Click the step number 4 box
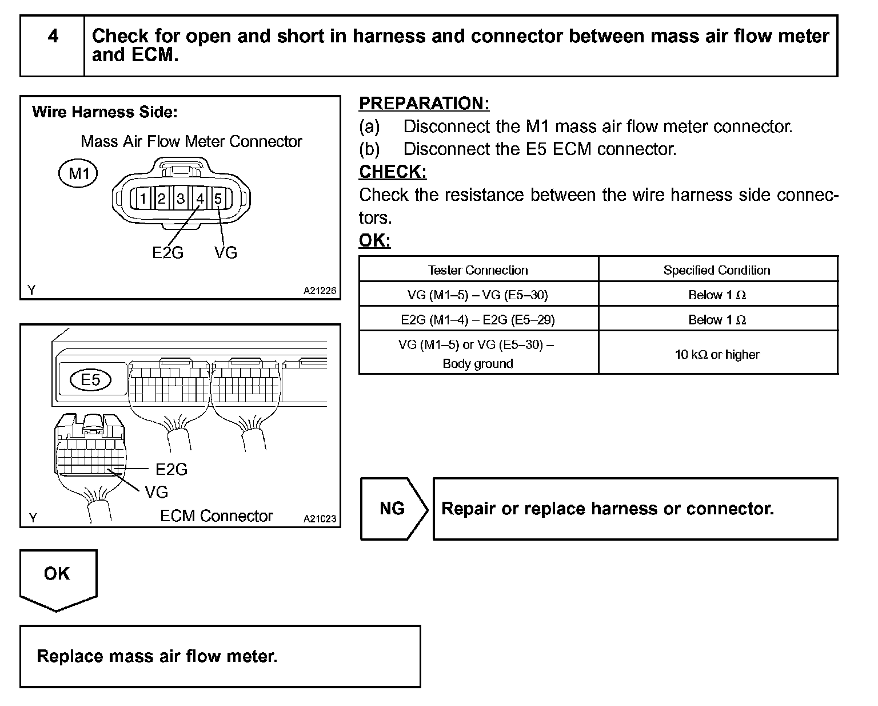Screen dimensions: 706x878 (x=53, y=46)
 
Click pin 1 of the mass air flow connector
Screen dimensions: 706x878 (x=143, y=199)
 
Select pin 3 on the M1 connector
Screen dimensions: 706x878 (x=181, y=199)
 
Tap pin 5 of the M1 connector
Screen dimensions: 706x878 (x=218, y=199)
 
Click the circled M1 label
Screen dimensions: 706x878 (x=78, y=173)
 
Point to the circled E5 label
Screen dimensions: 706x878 (x=90, y=380)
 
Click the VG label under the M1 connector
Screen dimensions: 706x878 (x=226, y=252)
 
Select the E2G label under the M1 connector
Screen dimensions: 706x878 (x=167, y=252)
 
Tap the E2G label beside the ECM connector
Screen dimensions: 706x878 (x=171, y=469)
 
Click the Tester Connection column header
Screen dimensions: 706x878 (x=478, y=270)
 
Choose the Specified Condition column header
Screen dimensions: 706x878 (x=717, y=270)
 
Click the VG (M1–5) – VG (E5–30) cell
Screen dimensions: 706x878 (x=478, y=295)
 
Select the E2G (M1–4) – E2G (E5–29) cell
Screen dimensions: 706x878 (x=478, y=319)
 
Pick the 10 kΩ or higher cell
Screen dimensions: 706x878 (x=717, y=354)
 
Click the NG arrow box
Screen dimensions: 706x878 (x=393, y=509)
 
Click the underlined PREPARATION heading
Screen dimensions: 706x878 (x=424, y=104)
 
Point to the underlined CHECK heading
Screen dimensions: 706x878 (x=393, y=172)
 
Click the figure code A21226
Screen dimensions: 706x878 (x=320, y=291)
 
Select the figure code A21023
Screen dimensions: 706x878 (x=320, y=519)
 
